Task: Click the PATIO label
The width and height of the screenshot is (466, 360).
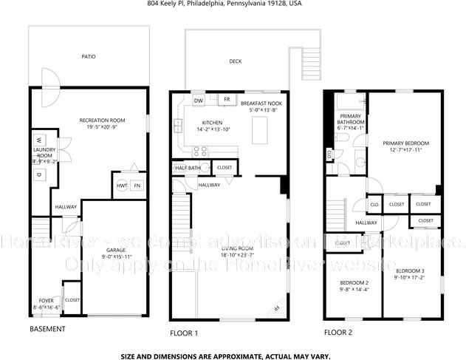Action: click(88, 55)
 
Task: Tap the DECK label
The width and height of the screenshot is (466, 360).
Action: click(235, 61)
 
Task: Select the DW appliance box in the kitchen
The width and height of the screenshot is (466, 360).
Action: click(199, 100)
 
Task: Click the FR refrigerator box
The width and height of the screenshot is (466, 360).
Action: click(227, 99)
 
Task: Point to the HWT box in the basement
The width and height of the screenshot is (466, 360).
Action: click(121, 185)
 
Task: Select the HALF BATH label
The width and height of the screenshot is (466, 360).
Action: click(188, 168)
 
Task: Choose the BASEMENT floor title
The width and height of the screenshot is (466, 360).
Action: click(47, 328)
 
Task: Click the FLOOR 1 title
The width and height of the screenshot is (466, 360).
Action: click(184, 333)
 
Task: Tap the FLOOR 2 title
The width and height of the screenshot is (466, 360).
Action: click(338, 333)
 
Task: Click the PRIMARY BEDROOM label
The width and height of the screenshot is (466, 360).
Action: click(405, 143)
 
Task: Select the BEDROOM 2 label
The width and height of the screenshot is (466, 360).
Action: click(354, 283)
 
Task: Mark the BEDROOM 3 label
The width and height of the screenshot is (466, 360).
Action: click(408, 272)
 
